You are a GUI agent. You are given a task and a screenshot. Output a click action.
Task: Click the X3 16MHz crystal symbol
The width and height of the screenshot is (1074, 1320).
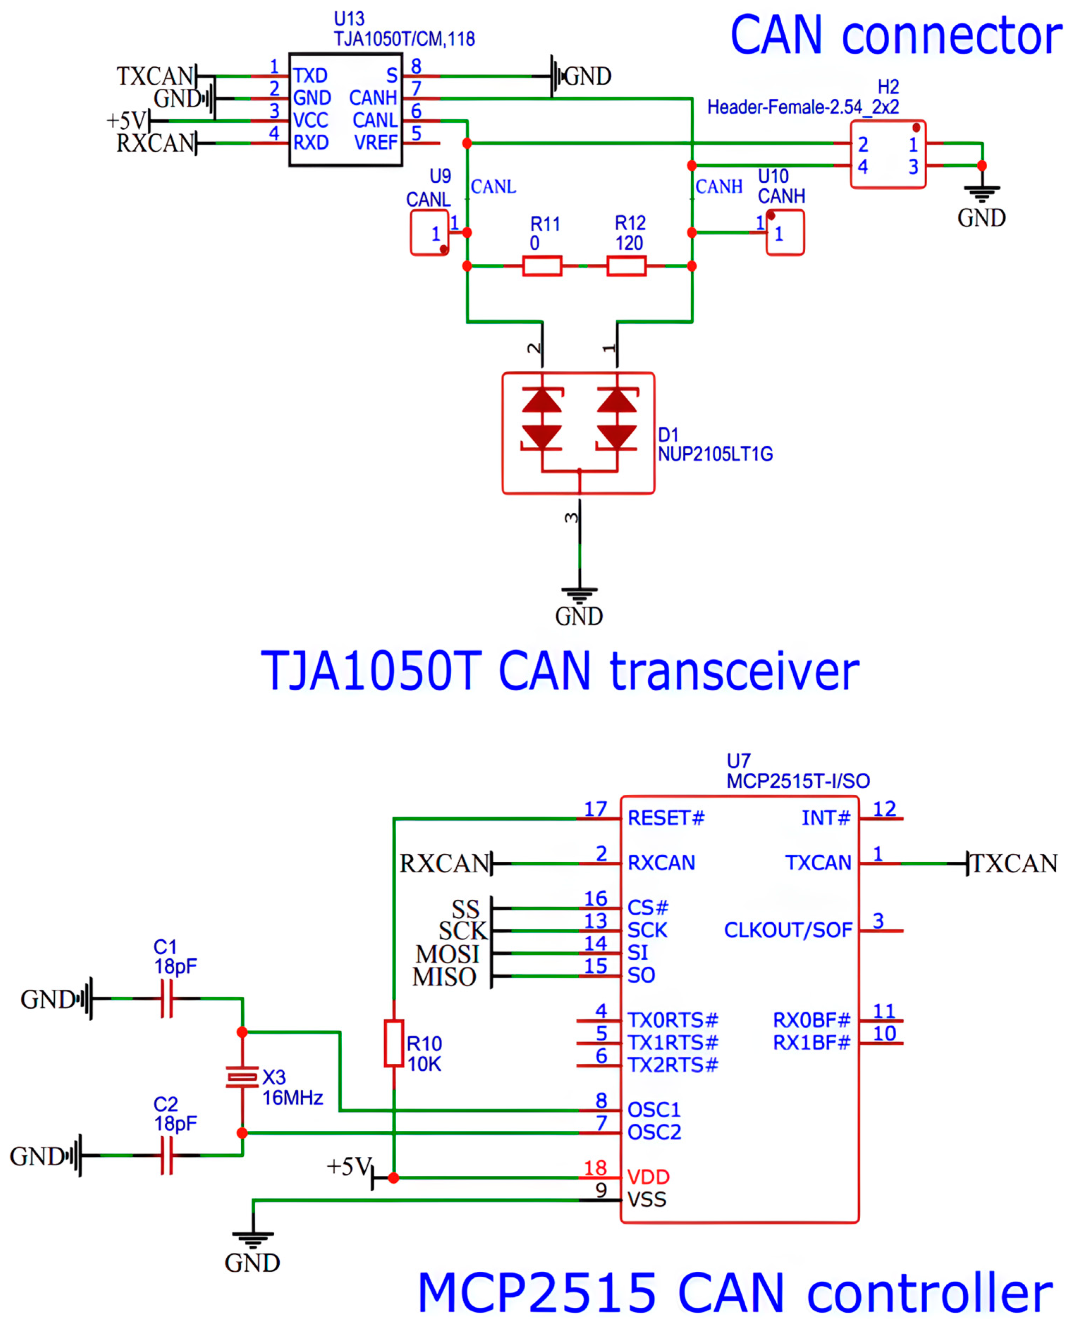[x=242, y=1077]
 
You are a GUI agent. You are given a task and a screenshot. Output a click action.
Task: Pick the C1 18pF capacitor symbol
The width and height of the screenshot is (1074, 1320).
[x=166, y=998]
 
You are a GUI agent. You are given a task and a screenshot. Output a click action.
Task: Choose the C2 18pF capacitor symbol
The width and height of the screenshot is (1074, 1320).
[x=166, y=1155]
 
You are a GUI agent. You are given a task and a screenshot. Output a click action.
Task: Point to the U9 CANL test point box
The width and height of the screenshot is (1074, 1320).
[x=429, y=233]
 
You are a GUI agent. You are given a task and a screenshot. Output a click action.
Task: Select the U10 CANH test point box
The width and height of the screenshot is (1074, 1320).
[x=785, y=233]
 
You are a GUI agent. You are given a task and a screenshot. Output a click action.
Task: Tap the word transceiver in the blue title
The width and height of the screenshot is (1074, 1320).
[x=734, y=672]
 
